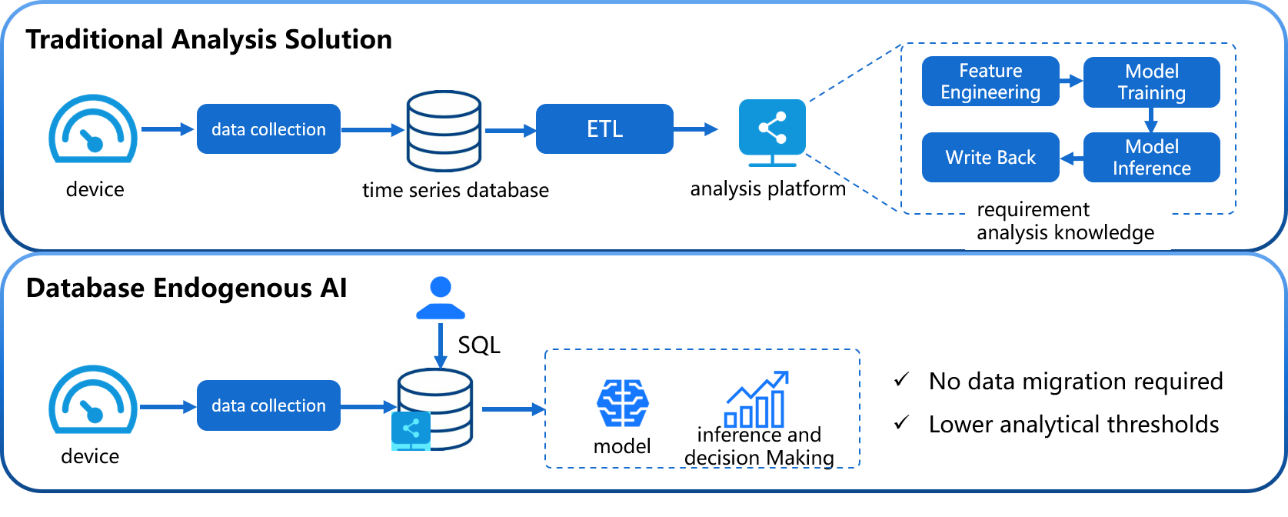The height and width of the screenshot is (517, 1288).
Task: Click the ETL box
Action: (x=604, y=129)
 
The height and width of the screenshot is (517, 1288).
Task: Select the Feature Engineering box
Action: (x=990, y=82)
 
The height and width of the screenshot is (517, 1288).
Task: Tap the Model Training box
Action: (x=1151, y=82)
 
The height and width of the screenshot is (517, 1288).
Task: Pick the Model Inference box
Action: (x=1151, y=158)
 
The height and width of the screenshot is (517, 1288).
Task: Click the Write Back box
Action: (x=990, y=158)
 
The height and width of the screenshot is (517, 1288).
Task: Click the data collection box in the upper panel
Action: (x=268, y=129)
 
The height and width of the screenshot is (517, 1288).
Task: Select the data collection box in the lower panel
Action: (x=268, y=405)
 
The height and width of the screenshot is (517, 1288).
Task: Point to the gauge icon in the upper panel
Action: (x=93, y=129)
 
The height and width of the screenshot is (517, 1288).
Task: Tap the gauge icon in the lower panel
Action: (x=93, y=400)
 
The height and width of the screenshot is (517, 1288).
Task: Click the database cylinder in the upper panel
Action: (x=444, y=131)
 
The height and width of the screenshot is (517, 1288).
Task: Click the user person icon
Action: (x=441, y=299)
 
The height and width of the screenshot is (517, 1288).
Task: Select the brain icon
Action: (x=623, y=403)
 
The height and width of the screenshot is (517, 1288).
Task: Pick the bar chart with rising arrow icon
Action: (x=756, y=401)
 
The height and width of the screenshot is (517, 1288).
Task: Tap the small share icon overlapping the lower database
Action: (x=411, y=430)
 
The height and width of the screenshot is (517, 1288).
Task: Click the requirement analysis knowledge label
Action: (x=1067, y=222)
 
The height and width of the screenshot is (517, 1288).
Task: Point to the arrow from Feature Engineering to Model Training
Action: (x=1071, y=80)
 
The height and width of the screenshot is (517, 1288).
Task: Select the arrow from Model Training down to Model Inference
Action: (x=1151, y=120)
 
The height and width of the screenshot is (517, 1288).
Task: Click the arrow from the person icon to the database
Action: (x=441, y=345)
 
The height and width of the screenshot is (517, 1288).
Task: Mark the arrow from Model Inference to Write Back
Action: (x=1071, y=158)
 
